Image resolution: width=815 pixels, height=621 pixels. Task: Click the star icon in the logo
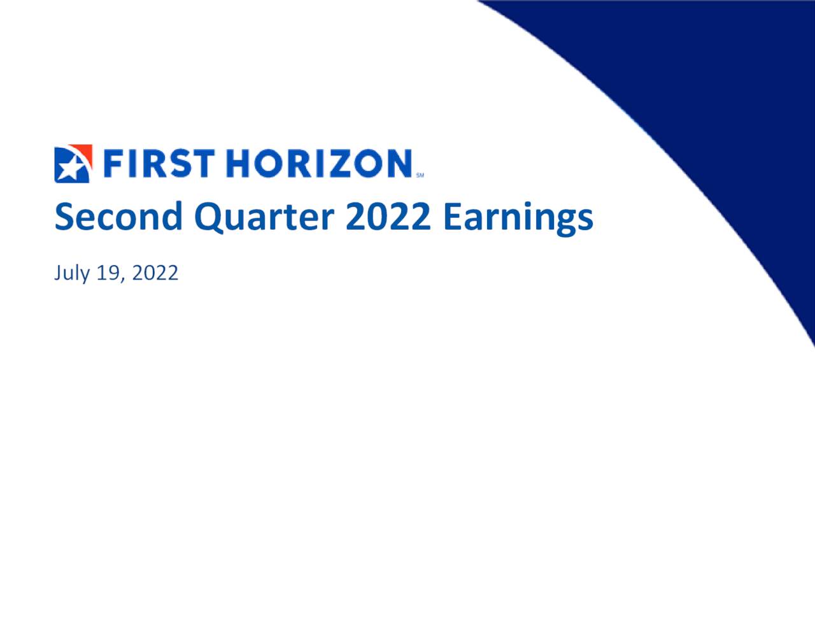click(x=70, y=168)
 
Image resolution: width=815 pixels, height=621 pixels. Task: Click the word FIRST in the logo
click(x=157, y=163)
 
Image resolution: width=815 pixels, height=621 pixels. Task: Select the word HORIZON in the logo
click(x=319, y=163)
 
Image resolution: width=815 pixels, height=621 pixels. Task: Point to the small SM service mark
click(x=420, y=175)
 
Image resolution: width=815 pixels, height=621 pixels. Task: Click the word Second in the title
click(x=118, y=217)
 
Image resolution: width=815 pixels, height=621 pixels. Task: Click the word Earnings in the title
click(x=518, y=217)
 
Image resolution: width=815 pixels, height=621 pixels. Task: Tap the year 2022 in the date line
click(x=155, y=273)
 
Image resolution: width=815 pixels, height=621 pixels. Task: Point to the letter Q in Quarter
click(x=208, y=217)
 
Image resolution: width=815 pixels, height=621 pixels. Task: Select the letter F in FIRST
click(x=112, y=163)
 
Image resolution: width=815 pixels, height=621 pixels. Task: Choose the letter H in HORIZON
click(x=240, y=163)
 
